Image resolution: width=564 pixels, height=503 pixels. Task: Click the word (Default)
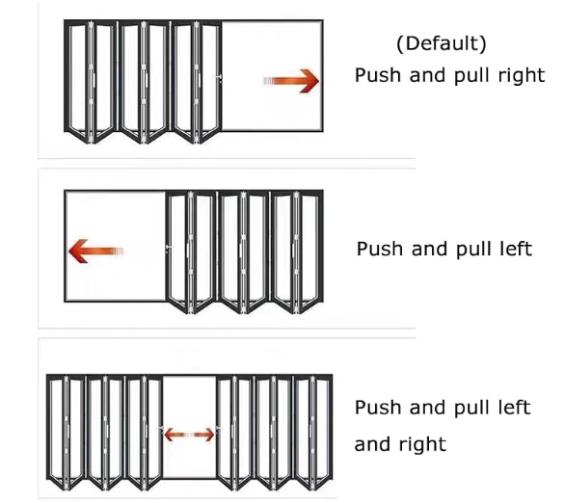pos(442,44)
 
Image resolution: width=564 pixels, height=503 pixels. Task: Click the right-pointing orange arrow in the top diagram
pos(291,81)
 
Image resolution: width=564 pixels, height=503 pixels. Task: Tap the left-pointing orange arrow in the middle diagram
pos(95,251)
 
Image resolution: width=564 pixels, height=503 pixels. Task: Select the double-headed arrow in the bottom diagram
pos(189,435)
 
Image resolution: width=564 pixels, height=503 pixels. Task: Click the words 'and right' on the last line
pos(400,444)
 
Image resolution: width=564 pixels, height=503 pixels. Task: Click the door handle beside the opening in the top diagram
pos(218,78)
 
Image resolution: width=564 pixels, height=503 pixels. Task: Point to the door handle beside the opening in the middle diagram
pos(170,248)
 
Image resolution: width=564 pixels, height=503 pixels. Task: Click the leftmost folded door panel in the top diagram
pos(77,81)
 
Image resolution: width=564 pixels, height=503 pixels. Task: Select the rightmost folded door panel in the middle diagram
pos(309,251)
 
